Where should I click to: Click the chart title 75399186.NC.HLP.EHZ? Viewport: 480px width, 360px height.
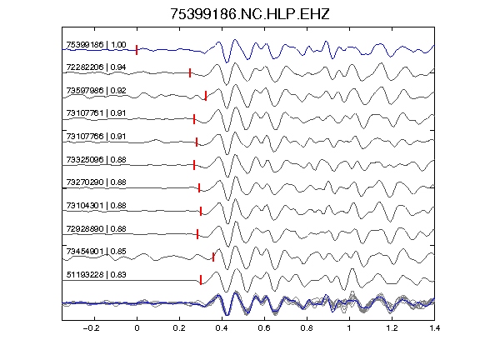[249, 14]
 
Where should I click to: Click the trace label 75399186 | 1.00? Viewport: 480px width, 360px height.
[96, 45]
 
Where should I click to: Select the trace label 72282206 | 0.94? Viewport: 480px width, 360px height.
[96, 67]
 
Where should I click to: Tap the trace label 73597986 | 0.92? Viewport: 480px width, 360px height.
[96, 91]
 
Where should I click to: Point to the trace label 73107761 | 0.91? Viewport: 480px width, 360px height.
[96, 113]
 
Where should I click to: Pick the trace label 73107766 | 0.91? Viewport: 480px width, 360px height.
[96, 136]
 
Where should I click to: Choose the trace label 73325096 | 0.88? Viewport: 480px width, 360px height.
[96, 160]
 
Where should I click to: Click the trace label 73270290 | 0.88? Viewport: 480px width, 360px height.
[96, 182]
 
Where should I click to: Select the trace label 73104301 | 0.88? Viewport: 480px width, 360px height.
[96, 205]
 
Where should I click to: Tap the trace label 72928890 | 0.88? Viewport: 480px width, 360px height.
[96, 229]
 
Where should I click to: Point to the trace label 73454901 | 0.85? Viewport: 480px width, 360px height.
[96, 252]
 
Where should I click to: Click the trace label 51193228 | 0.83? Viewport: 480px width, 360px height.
[96, 275]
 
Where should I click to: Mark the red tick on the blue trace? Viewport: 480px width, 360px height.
[137, 50]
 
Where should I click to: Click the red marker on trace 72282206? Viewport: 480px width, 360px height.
[190, 72]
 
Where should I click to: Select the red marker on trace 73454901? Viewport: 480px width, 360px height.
[213, 257]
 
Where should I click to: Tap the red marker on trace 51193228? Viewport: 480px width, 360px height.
[201, 280]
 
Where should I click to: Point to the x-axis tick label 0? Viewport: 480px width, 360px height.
[137, 328]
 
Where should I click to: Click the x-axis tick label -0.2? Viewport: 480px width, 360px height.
[92, 328]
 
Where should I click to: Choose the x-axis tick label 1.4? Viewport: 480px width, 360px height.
[435, 328]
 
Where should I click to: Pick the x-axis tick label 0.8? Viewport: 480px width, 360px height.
[307, 328]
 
